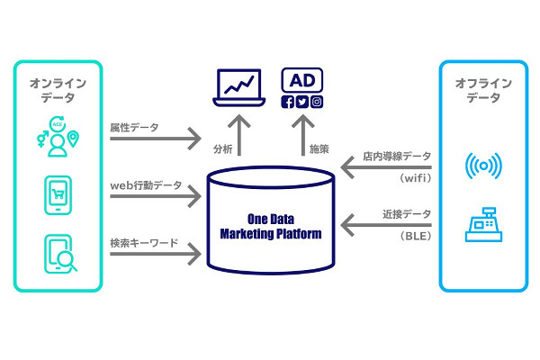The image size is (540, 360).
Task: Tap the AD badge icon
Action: tap(303, 78)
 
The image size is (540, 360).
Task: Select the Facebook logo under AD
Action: tap(288, 102)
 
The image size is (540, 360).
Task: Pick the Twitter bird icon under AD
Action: tap(302, 102)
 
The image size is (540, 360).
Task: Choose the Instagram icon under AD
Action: tap(317, 102)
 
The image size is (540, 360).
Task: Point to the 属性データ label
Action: tap(134, 129)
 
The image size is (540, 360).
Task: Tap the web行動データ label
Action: tap(145, 186)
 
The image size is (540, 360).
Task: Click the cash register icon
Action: tap(483, 224)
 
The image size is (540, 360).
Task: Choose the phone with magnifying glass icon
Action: tap(58, 255)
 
